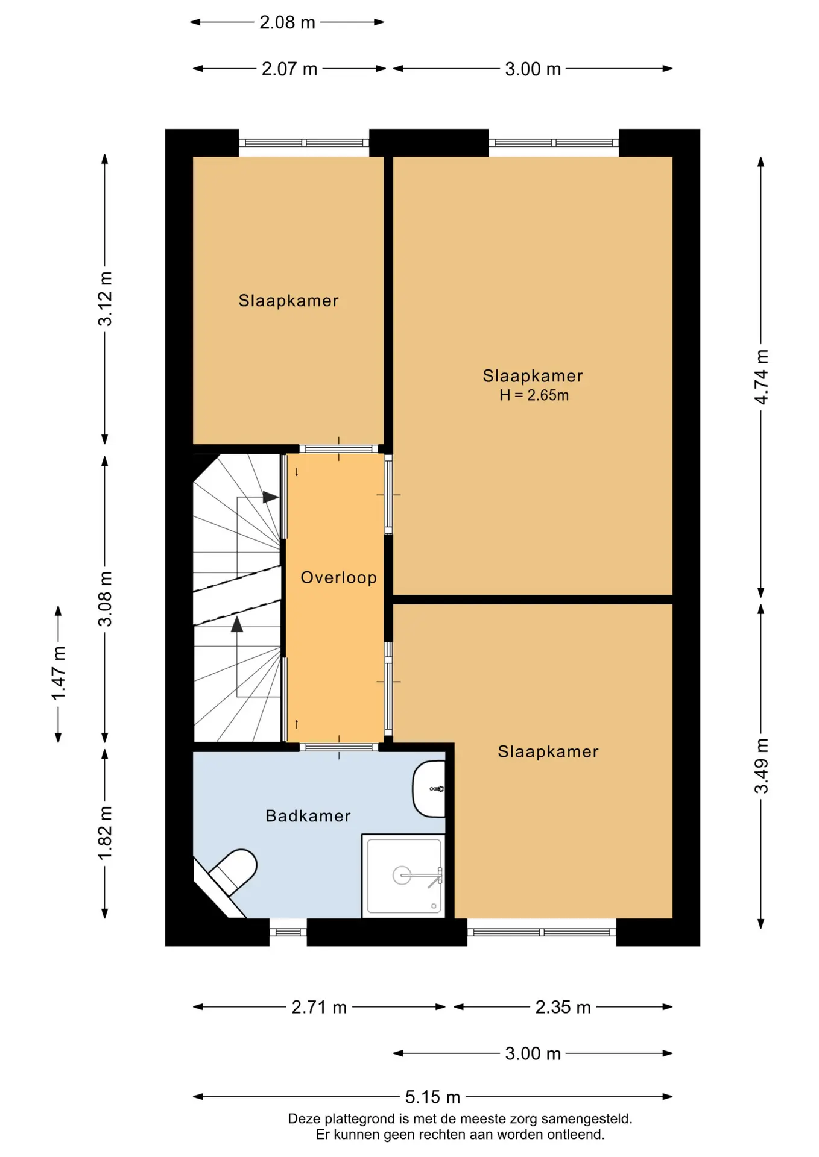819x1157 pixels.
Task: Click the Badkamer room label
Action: (x=308, y=816)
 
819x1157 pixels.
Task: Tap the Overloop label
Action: (x=338, y=577)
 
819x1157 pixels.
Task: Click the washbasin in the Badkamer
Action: (x=429, y=789)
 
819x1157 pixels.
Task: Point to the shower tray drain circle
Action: (x=402, y=876)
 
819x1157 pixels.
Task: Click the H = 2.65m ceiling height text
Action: (x=534, y=395)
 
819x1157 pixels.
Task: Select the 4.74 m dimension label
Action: (x=762, y=377)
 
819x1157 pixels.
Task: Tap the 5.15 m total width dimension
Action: (x=432, y=1097)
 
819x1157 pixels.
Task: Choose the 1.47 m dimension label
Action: (x=59, y=674)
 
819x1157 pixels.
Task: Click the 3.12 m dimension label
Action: (x=105, y=299)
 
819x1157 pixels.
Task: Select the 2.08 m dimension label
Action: (x=287, y=22)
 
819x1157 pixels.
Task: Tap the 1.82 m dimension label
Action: (x=105, y=833)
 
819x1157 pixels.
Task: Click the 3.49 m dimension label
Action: (x=762, y=765)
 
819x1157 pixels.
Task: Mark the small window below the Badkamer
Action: (x=288, y=932)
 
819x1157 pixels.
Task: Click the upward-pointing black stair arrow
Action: (x=237, y=624)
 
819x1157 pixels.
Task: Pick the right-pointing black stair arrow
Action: (x=271, y=498)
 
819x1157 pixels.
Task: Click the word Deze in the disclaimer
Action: (x=305, y=1119)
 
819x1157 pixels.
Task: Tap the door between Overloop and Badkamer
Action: (x=338, y=747)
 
